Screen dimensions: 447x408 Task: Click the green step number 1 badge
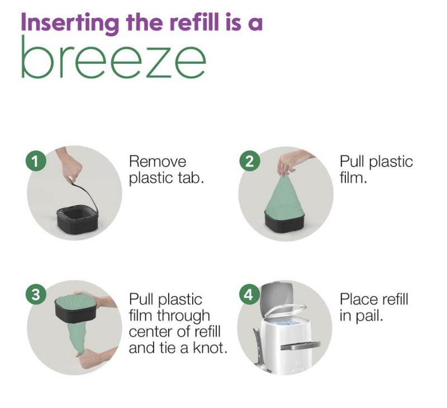coord(36,161)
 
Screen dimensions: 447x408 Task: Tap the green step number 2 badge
coord(249,161)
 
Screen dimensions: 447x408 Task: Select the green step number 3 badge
coord(36,294)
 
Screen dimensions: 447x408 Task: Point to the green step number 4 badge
coord(249,294)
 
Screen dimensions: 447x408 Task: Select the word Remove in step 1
coord(158,162)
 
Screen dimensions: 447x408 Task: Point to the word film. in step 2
coord(353,178)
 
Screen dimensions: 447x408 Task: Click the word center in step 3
coord(150,332)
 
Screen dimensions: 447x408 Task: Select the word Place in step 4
coord(358,300)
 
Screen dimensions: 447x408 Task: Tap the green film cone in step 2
coord(284,197)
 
